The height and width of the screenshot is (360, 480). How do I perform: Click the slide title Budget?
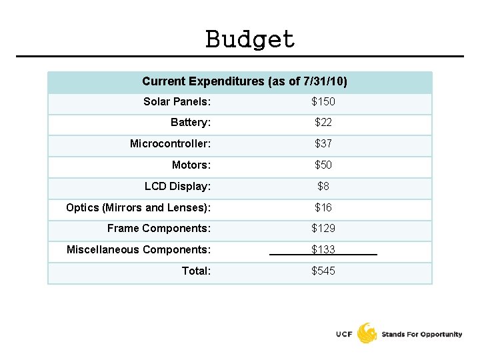pos(250,39)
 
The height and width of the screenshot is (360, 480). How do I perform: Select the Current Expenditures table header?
pos(244,81)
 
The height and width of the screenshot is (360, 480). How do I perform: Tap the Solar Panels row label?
pos(177,102)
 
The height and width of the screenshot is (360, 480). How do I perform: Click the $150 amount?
pos(323,102)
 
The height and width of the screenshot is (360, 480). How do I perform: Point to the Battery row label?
pos(191,123)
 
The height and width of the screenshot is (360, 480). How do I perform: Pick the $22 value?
pos(323,123)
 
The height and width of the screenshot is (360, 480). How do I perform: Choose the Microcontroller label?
pos(170,144)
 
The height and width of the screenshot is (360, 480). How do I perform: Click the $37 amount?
pos(323,144)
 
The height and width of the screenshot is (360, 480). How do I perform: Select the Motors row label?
pos(191,165)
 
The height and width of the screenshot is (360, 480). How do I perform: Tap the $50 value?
pos(323,165)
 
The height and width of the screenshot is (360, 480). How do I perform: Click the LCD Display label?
pos(177,187)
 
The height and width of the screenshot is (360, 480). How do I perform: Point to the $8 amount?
pos(323,187)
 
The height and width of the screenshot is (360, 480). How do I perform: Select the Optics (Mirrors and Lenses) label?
pos(138,208)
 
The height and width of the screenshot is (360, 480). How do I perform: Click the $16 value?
pos(323,208)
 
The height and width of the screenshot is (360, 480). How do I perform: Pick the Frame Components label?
pos(159,229)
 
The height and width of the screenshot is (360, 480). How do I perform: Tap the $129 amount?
pos(323,229)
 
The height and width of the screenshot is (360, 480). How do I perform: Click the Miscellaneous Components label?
pos(139,250)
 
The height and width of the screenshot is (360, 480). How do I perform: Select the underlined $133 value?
pos(323,250)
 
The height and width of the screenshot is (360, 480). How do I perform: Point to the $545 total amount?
pos(323,271)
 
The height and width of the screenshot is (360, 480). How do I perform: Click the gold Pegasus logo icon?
pos(367,333)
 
